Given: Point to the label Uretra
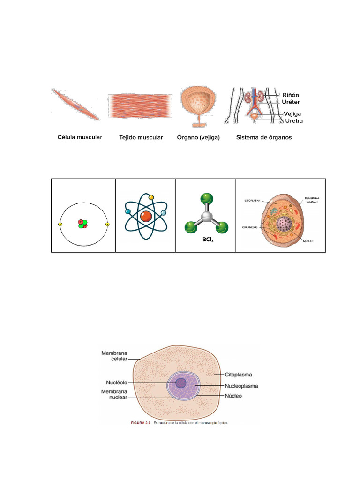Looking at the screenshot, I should (294, 121).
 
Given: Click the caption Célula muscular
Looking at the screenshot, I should (80, 138).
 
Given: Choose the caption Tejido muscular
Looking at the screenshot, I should (141, 138).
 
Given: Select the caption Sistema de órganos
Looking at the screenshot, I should (264, 138).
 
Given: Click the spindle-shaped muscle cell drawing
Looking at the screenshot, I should (75, 104).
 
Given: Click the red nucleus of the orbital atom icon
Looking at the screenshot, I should (145, 216).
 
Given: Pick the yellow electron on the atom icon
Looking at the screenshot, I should (151, 197).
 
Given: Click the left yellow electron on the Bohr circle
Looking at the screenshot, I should (60, 225).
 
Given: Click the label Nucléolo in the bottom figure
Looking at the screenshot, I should (113, 382).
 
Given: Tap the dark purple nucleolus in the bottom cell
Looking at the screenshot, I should (180, 383).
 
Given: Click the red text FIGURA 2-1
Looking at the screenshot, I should (140, 423).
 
